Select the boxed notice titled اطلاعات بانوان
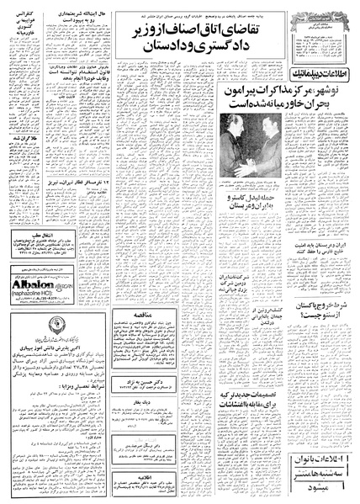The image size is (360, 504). pos(315,475)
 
